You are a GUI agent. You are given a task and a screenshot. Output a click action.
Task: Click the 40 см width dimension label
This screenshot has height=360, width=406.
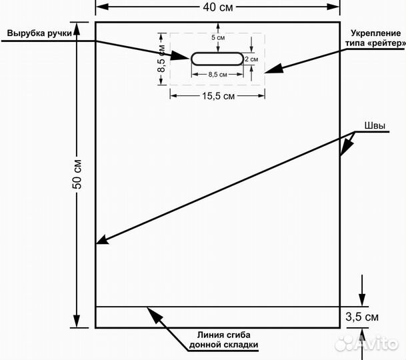(x=218, y=7)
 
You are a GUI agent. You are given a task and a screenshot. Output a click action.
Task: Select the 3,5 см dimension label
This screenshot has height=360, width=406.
(x=363, y=316)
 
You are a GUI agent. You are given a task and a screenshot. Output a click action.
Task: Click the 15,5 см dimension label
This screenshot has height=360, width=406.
(x=217, y=96)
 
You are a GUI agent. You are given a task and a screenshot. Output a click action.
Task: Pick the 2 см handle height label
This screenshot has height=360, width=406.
(x=251, y=59)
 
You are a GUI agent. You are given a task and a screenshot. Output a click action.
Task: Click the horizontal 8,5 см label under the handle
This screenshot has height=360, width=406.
(x=217, y=75)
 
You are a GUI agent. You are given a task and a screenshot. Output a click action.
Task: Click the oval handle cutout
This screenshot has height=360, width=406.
(x=217, y=58)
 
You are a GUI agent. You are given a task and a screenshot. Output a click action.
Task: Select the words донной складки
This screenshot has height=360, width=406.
(x=224, y=345)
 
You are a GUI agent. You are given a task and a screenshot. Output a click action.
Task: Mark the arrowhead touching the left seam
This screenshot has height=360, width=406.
(x=101, y=241)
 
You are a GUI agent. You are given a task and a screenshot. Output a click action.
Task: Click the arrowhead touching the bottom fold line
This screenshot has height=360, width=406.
(x=150, y=309)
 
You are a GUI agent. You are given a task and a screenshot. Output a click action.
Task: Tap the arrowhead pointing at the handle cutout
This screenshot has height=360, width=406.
(x=186, y=57)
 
